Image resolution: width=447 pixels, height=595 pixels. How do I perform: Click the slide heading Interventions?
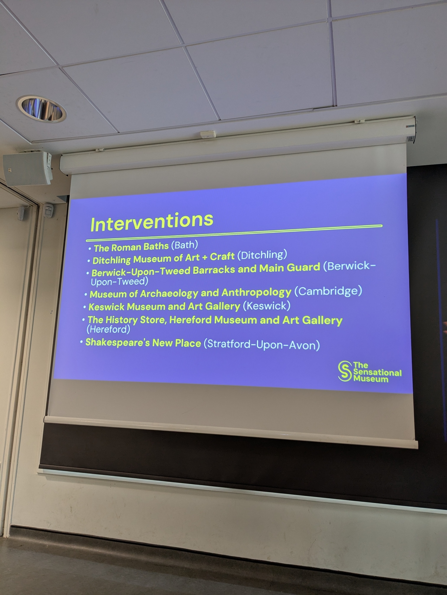152,221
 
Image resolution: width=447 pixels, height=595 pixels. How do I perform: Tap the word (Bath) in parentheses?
184,245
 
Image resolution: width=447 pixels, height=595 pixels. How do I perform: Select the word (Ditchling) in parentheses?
262,255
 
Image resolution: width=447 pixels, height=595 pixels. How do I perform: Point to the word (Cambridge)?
328,291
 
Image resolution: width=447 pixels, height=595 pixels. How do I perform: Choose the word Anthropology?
256,293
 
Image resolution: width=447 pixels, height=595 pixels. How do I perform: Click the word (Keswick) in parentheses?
266,306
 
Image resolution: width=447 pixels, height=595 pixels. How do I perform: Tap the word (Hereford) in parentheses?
108,329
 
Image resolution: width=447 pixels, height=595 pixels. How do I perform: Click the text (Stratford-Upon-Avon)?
262,345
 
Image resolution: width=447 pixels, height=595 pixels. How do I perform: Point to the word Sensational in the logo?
378,372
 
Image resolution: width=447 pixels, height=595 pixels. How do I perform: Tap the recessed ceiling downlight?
41,109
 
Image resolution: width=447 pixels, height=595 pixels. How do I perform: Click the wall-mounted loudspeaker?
27,168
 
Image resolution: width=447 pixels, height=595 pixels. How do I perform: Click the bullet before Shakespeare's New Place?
81,342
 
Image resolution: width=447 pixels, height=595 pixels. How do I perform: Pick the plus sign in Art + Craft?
204,258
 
